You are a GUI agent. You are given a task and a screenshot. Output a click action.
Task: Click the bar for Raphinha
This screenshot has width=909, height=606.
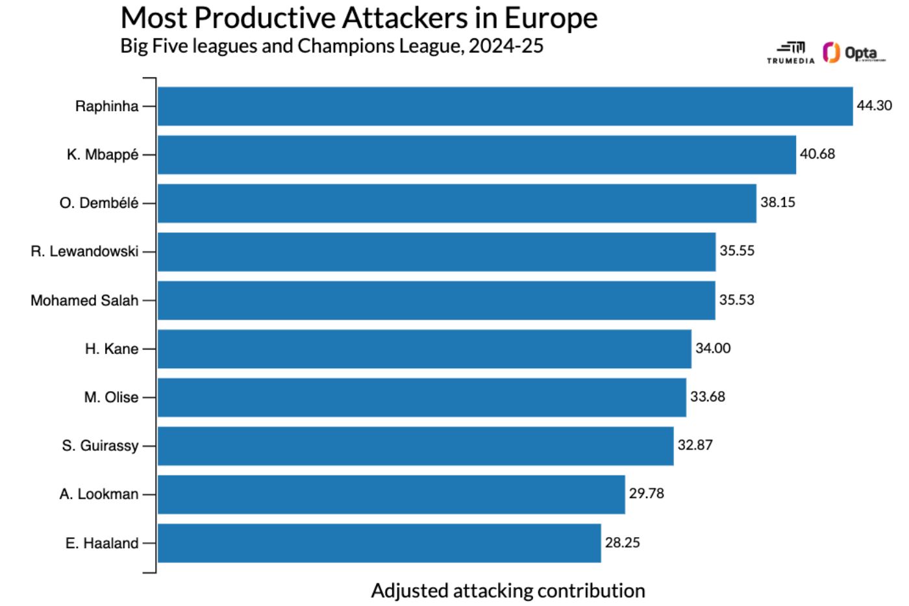click(x=504, y=106)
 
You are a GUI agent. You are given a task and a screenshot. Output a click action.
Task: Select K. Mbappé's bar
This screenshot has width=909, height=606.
click(x=476, y=155)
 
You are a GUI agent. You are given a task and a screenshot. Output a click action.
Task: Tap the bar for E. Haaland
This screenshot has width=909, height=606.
click(x=379, y=543)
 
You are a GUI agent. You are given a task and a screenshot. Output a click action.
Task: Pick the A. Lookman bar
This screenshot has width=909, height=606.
click(x=391, y=494)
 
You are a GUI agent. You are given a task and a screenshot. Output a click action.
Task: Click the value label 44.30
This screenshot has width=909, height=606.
click(x=874, y=105)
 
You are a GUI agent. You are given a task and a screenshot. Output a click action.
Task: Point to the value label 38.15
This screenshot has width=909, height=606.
click(x=777, y=202)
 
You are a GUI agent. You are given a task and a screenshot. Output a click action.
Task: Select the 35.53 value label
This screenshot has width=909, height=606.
click(x=736, y=299)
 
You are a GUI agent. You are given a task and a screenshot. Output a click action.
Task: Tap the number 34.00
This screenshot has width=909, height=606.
click(x=712, y=348)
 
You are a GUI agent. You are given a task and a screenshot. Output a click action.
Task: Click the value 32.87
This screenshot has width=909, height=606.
click(x=695, y=445)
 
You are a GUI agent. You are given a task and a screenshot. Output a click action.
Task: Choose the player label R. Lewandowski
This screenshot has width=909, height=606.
click(x=84, y=251)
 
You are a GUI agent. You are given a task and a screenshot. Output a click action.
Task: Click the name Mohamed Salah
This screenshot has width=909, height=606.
click(x=84, y=300)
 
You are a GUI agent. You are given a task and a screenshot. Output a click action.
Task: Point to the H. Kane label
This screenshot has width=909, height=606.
click(x=111, y=349)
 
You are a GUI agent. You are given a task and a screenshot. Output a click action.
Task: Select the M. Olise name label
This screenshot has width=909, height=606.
click(x=111, y=397)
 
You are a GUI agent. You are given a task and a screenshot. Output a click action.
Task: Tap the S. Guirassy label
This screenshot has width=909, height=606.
click(x=100, y=446)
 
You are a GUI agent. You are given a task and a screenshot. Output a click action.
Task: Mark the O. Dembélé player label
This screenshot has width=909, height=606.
click(x=99, y=203)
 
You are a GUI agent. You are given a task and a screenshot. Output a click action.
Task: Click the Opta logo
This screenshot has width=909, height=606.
click(x=853, y=53)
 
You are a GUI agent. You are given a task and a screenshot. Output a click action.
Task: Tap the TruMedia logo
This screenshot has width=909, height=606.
click(x=790, y=53)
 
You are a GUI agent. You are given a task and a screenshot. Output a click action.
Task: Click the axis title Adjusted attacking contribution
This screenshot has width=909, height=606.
click(x=508, y=590)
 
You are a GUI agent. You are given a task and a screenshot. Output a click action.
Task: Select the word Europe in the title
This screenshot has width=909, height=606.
click(x=551, y=18)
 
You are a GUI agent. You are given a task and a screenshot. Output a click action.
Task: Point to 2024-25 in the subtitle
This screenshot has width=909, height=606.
click(x=506, y=46)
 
